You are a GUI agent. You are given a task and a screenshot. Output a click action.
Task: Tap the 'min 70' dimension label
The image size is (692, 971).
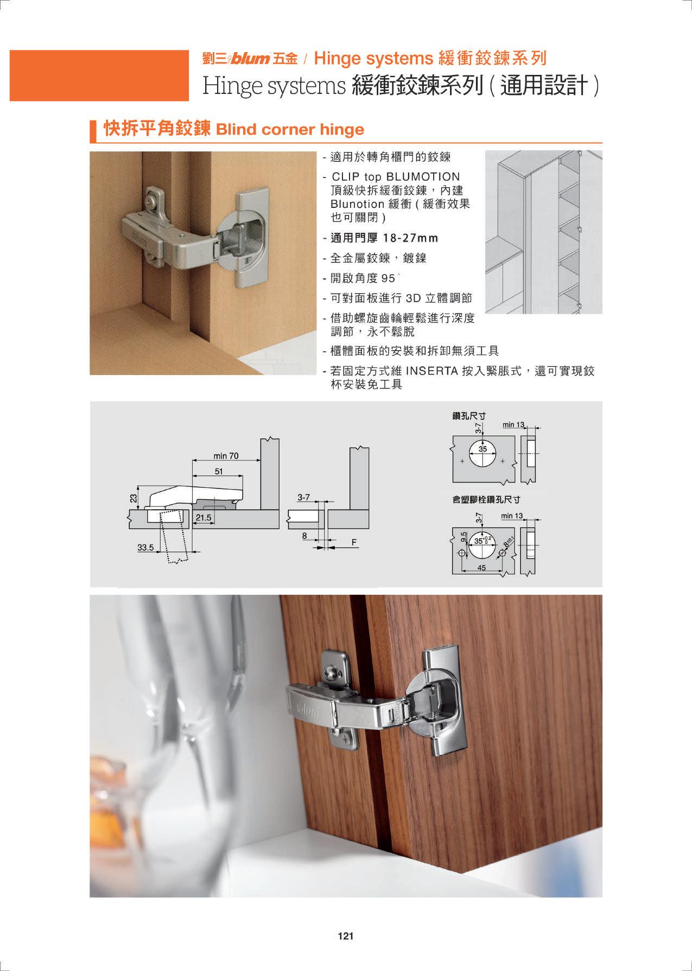(x=225, y=456)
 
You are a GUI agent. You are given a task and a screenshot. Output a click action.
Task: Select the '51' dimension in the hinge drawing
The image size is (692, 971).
(x=218, y=472)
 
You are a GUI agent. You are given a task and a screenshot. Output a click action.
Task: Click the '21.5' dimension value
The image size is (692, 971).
(x=204, y=518)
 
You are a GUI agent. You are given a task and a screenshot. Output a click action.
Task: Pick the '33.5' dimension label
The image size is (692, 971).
(x=145, y=548)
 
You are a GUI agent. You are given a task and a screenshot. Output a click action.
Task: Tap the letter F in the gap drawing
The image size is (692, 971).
(x=354, y=542)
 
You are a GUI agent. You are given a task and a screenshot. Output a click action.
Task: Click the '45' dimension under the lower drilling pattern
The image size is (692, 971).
(x=481, y=568)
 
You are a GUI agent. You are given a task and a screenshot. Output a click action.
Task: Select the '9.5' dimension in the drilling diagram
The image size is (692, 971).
(x=464, y=537)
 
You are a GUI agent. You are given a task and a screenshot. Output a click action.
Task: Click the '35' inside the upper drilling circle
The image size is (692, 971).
(x=483, y=449)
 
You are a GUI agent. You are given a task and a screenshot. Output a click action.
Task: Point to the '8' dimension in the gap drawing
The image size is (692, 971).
(x=304, y=536)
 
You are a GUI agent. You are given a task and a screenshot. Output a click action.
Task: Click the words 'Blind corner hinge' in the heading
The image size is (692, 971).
(x=290, y=130)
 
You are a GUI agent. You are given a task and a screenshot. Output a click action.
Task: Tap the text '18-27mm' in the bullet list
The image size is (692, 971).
(x=410, y=238)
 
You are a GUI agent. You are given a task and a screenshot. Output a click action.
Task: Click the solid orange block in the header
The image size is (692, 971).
(x=99, y=75)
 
